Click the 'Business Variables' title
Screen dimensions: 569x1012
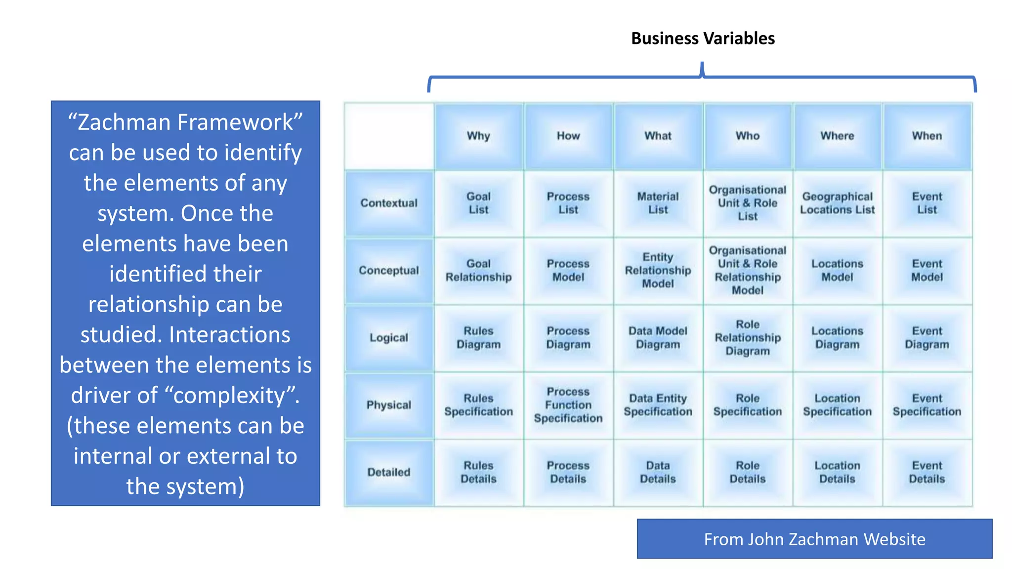703,39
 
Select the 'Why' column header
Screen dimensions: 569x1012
478,136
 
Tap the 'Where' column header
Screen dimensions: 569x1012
837,136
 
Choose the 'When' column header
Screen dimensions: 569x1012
927,136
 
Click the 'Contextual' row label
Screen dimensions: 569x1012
389,203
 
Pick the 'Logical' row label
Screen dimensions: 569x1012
389,338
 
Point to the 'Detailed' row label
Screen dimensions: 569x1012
389,472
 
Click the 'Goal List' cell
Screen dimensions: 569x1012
478,203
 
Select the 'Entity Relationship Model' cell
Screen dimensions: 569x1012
658,270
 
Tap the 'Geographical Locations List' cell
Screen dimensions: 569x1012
837,203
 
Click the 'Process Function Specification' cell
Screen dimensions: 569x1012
568,405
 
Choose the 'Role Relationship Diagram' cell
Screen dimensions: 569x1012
748,338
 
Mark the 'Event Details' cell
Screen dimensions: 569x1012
927,472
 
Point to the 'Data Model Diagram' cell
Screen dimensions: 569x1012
658,338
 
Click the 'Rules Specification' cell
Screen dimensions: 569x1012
478,405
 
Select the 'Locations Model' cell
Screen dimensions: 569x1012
837,270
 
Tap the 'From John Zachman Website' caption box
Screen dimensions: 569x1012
814,539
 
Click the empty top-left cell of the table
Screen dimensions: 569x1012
389,136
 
